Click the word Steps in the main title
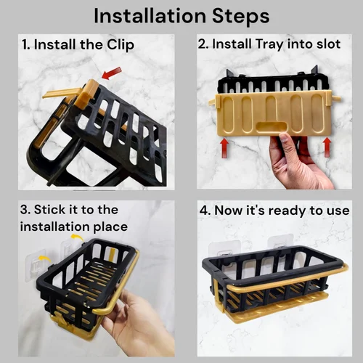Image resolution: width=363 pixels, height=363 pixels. coord(240,16)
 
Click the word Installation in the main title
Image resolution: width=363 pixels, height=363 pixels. coord(150,16)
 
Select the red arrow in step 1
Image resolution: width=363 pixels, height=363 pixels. coord(112,73)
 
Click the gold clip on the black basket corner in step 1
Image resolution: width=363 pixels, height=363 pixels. coord(86,93)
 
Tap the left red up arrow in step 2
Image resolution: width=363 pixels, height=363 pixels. coord(224,147)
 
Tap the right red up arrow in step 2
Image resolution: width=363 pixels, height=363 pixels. coord(327,147)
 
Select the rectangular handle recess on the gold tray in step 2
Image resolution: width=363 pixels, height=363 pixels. coord(271,127)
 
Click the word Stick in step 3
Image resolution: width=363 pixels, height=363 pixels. coord(49,209)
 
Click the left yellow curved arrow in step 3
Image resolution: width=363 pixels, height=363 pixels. coord(45,258)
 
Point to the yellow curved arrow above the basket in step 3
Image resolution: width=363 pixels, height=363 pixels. coord(77,237)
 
